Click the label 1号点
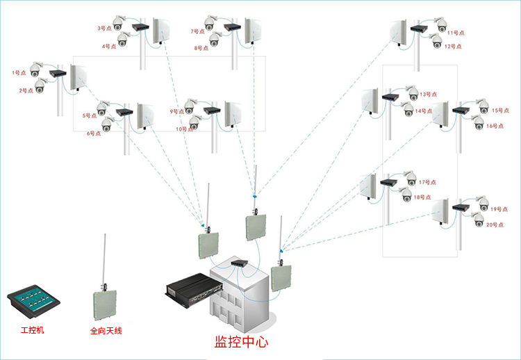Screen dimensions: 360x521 (x=19, y=72)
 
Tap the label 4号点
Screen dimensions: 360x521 (x=109, y=47)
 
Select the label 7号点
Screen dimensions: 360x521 (x=198, y=31)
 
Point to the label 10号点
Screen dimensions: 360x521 (x=183, y=129)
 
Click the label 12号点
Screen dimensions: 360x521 (x=453, y=47)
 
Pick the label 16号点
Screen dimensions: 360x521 (x=495, y=126)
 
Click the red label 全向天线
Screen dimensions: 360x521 (x=106, y=331)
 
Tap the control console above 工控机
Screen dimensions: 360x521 (x=33, y=302)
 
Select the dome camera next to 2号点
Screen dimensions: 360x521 (x=40, y=85)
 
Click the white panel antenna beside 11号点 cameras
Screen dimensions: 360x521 (x=399, y=31)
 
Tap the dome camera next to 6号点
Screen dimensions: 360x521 (x=107, y=124)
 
